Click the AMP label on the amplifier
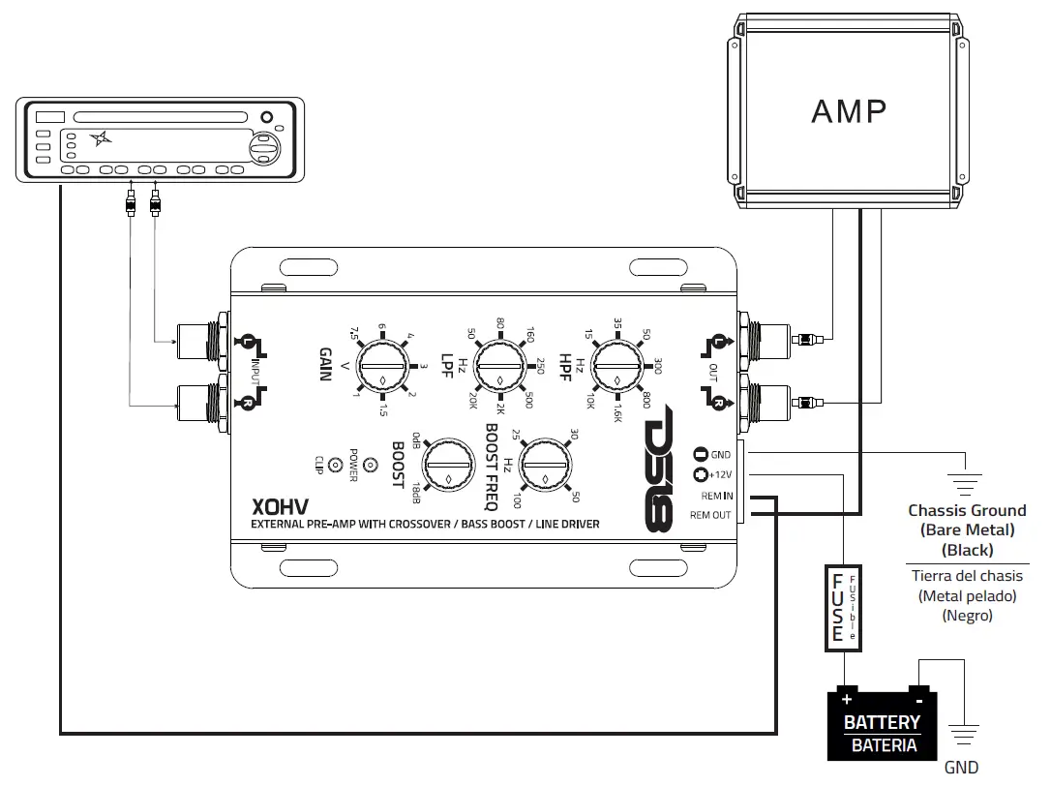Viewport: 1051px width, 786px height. (848, 111)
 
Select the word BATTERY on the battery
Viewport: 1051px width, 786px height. (881, 722)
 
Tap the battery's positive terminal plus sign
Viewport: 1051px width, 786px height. (848, 698)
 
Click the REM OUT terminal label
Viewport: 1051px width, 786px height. (710, 515)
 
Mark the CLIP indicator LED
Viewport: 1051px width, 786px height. (336, 465)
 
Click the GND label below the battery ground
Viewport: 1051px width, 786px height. (961, 768)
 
